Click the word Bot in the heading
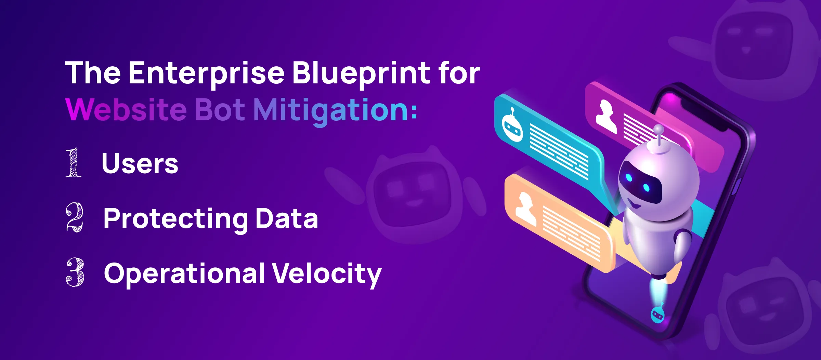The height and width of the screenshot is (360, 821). pyautogui.click(x=220, y=109)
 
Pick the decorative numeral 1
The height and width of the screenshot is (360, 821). pyautogui.click(x=74, y=162)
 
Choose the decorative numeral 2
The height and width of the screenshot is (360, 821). pyautogui.click(x=75, y=217)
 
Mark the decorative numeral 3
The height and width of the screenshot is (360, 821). pyautogui.click(x=75, y=272)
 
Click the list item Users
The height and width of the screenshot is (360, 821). pyautogui.click(x=140, y=163)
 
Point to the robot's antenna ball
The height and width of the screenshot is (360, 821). pyautogui.click(x=659, y=130)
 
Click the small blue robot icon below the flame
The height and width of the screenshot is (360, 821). pyautogui.click(x=657, y=313)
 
